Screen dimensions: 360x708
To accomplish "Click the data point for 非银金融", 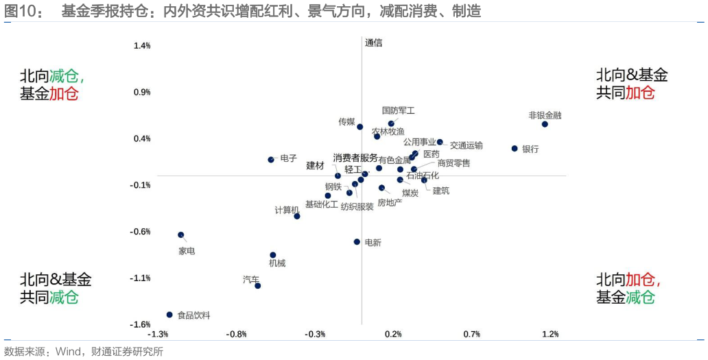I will click(x=545, y=124).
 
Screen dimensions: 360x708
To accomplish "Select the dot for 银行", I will click(x=514, y=148).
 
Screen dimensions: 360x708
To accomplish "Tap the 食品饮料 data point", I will click(x=169, y=315).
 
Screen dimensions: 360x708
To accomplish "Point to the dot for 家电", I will click(x=181, y=235).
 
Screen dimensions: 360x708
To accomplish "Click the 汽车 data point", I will click(x=258, y=285).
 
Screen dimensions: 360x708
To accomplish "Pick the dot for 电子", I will click(x=271, y=160).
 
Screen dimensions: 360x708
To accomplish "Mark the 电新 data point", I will click(x=357, y=241).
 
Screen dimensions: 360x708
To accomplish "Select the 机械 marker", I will click(x=273, y=255).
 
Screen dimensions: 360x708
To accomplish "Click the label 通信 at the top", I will click(x=374, y=43).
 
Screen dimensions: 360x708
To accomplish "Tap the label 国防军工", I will click(x=399, y=110).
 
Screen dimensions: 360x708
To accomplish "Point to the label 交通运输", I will click(x=467, y=145).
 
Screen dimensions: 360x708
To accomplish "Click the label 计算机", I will click(x=287, y=210).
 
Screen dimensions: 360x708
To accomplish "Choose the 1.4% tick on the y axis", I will click(x=142, y=46).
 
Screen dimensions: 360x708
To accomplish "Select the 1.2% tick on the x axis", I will click(x=550, y=334).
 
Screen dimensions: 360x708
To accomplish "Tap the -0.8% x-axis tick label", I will click(x=237, y=334).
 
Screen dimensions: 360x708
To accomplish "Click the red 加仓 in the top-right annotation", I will click(x=640, y=93).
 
